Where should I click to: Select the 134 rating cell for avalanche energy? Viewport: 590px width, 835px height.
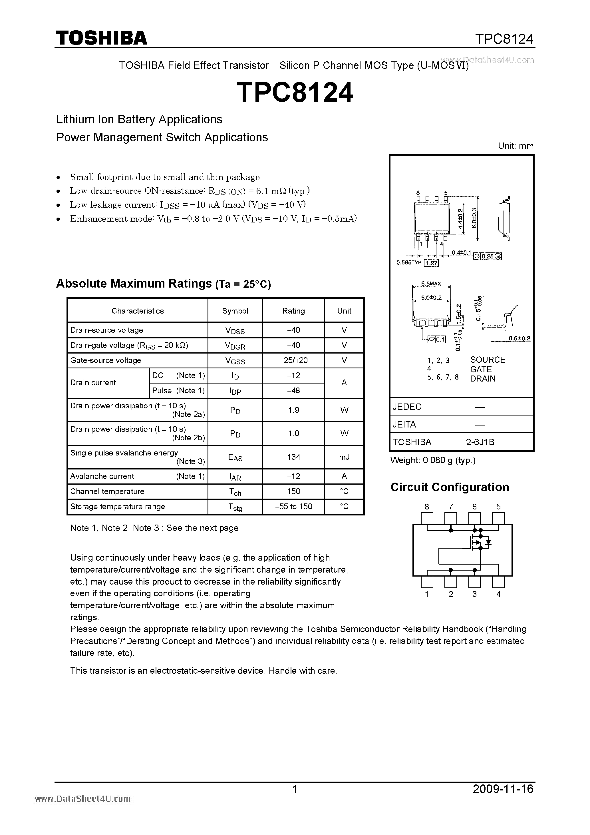293,457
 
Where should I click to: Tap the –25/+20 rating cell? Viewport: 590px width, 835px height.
293,360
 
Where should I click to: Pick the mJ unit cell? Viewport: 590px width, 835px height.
344,457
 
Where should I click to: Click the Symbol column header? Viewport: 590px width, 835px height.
235,311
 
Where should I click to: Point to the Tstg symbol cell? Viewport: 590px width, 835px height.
235,507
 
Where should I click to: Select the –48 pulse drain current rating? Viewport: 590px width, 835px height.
293,390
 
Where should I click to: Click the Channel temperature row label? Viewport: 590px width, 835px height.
107,491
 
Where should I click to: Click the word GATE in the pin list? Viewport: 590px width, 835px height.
481,369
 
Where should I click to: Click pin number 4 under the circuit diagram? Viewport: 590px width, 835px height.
498,594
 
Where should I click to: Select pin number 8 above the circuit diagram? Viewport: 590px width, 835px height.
427,507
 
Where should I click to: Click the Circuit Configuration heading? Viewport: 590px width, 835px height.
449,487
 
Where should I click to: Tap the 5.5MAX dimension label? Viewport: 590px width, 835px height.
431,283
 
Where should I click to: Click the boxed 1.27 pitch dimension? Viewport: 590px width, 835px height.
432,263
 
